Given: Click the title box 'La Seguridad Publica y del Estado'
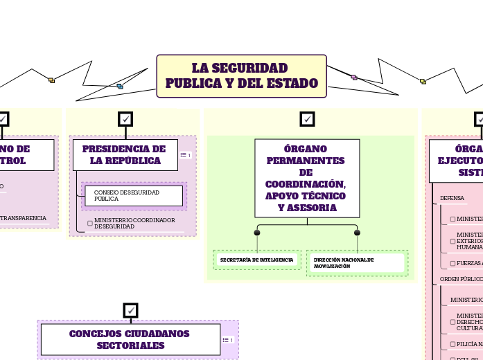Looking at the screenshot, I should coord(241,76).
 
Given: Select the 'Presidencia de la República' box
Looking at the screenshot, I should coord(124,154).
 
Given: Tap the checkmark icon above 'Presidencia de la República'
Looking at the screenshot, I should coord(125,119).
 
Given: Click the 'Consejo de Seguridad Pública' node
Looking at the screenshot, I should coord(134,195).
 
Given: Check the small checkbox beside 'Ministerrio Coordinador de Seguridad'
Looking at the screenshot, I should coord(90,223).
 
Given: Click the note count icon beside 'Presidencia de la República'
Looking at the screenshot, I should coord(186,155).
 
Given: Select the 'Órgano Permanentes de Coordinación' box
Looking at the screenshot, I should coord(306,178).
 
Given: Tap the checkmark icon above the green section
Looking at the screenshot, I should coord(307,119).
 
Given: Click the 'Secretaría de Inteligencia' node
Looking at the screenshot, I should coord(256,260).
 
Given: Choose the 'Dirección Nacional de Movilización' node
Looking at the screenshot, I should coord(356,263).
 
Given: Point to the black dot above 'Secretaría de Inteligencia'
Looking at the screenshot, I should coord(257,233).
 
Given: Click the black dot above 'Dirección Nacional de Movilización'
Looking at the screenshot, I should coord(358,233).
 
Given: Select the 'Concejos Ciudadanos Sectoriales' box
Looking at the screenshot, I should coord(130,339).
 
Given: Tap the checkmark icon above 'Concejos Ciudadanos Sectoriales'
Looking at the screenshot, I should coord(130,310).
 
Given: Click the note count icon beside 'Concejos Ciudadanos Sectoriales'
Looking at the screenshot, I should coord(227,340).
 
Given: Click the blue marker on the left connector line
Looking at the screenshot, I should coord(120,87).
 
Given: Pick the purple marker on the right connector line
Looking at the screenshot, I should coord(353,77).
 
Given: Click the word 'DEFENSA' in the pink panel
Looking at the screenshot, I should coord(453,198).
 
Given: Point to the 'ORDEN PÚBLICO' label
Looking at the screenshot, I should coord(461,279).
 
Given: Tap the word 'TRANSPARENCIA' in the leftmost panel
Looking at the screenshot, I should coord(24,218).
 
